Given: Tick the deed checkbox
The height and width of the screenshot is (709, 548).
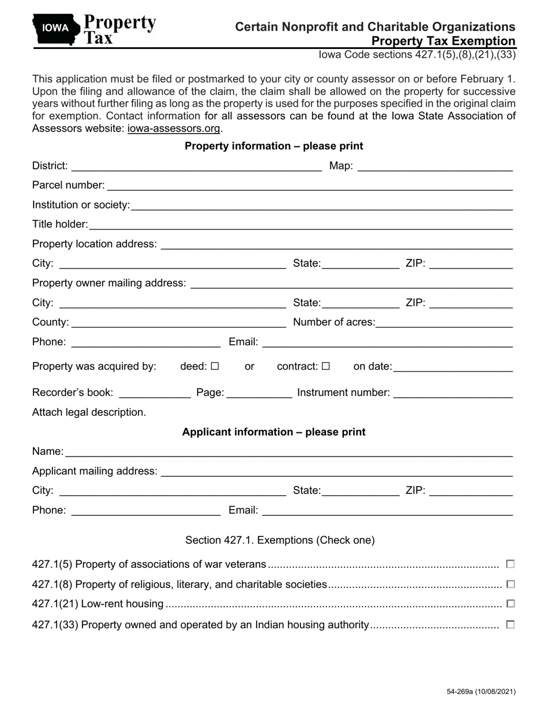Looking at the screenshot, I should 215,366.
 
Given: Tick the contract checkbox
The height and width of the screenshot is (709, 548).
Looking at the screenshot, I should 326,366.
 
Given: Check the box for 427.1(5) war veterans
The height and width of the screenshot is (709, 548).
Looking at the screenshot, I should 510,564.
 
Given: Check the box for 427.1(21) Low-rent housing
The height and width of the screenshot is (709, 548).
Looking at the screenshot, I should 510,604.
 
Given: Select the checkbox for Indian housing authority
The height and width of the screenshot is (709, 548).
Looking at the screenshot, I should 510,624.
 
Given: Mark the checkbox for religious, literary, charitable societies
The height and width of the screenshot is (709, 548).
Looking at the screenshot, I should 510,584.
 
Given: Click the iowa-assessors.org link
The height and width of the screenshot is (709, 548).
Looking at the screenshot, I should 174,129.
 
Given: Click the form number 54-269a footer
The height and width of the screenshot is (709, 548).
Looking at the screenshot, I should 481,692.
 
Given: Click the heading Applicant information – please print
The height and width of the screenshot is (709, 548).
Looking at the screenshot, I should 273,432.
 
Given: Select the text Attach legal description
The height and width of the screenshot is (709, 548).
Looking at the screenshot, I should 89,412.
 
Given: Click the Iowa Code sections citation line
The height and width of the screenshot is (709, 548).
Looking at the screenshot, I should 417,55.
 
